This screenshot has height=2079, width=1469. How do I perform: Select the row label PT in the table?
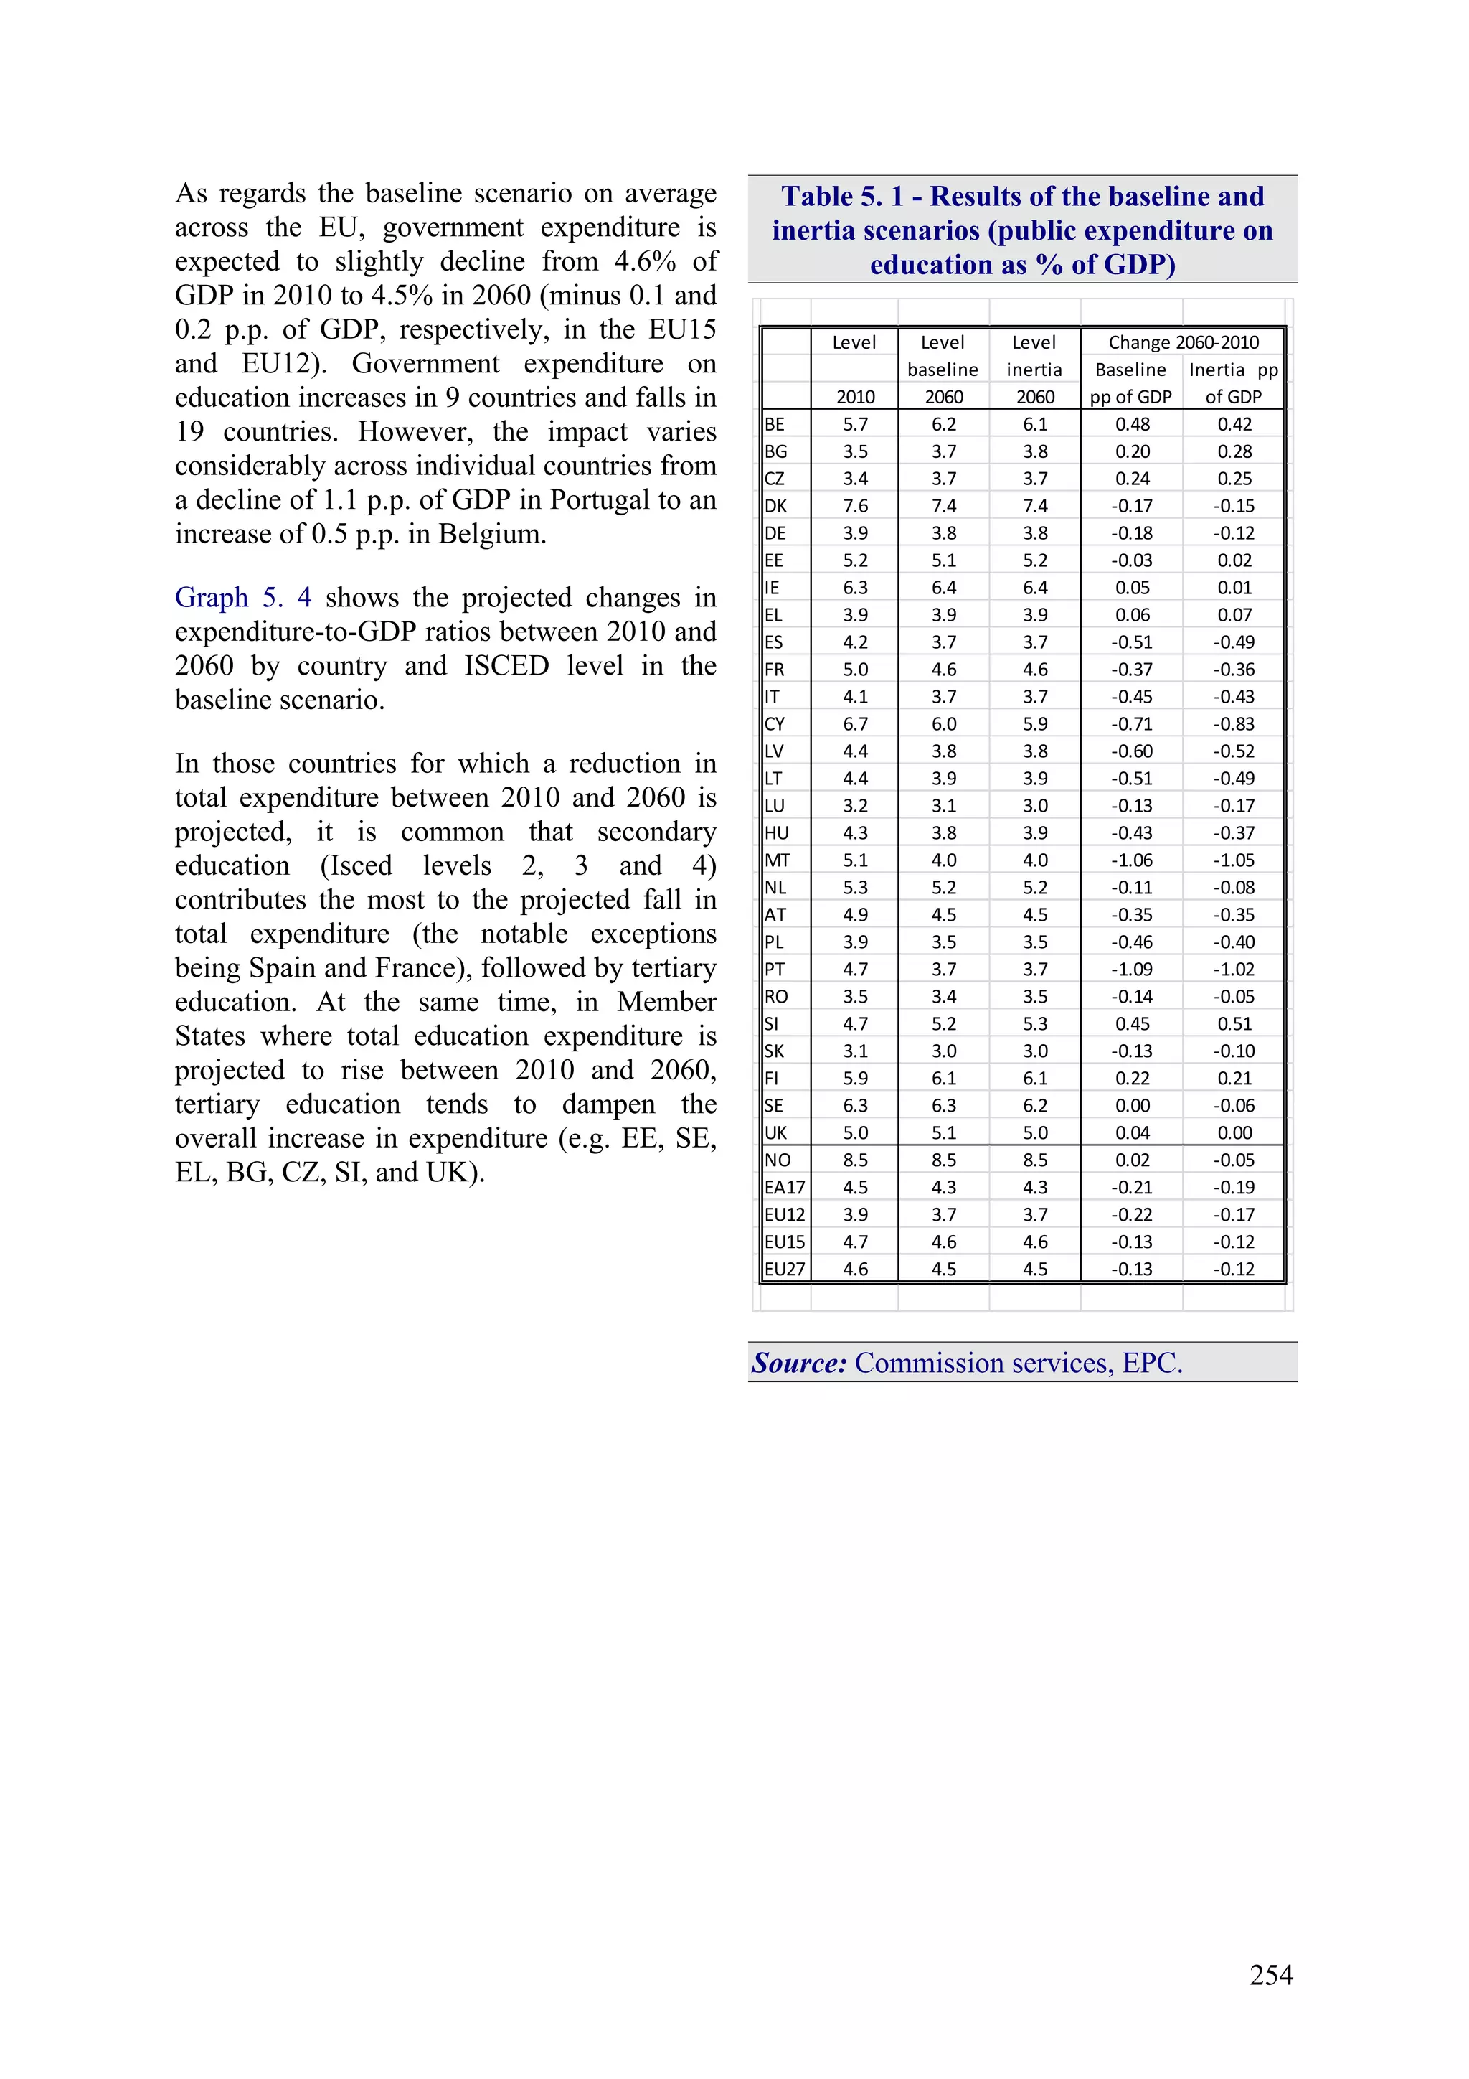click(x=775, y=969)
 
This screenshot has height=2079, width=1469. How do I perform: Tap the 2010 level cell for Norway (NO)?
click(x=854, y=1160)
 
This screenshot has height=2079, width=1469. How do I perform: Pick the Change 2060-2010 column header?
click(x=1183, y=342)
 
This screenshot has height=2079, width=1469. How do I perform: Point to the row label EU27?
click(x=784, y=1269)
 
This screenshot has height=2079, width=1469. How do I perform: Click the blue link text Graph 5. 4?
click(x=242, y=598)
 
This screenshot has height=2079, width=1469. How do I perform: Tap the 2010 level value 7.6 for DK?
click(x=854, y=506)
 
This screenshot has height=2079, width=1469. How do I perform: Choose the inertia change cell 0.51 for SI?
click(x=1234, y=1023)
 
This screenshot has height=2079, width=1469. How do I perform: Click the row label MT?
click(x=777, y=860)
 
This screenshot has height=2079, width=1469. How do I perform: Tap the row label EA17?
click(x=784, y=1187)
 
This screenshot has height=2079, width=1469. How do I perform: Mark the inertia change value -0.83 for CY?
click(x=1234, y=723)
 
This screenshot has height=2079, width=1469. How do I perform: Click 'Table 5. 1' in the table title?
click(x=842, y=197)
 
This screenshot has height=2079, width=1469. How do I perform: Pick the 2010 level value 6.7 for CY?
click(x=854, y=723)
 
